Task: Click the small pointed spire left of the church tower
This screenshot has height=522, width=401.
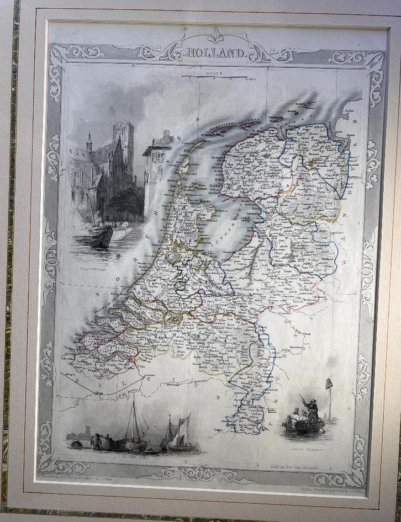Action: click(x=89, y=143)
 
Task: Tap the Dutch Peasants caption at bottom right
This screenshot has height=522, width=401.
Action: click(x=309, y=451)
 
